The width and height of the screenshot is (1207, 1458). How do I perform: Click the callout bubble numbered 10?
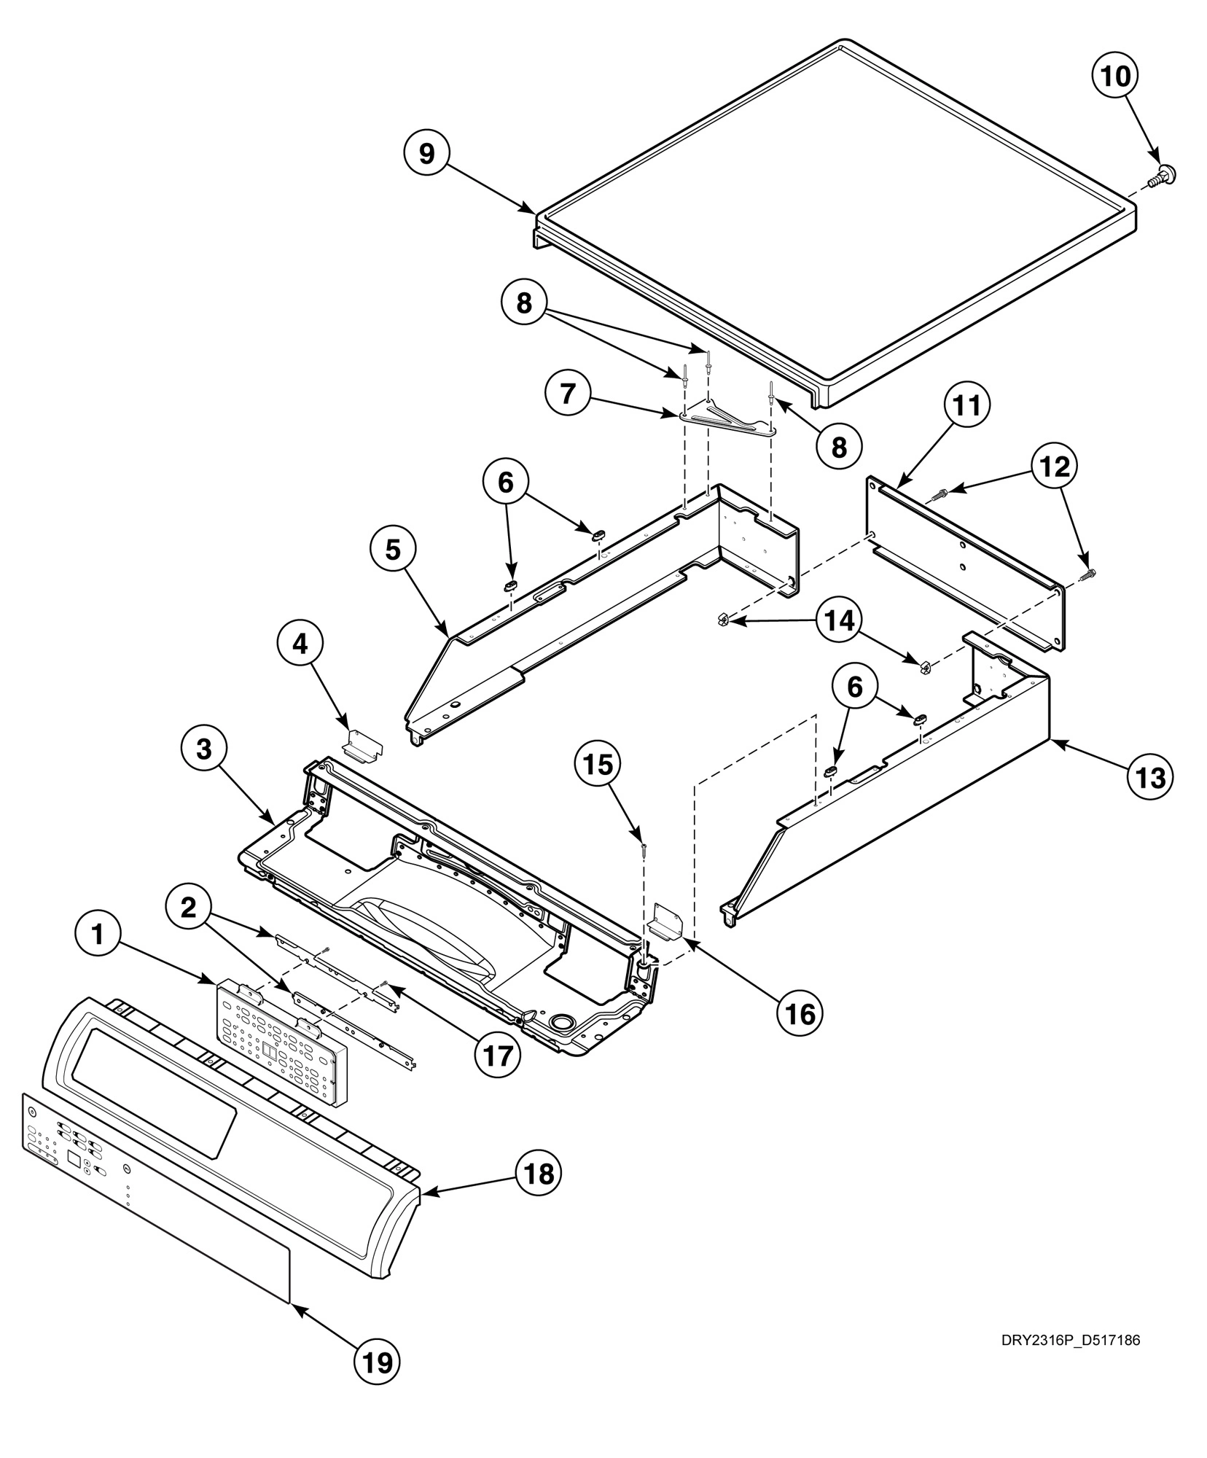(x=1114, y=76)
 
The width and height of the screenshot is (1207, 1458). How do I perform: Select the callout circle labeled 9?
(x=427, y=154)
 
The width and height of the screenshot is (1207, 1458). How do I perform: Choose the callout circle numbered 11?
(x=967, y=406)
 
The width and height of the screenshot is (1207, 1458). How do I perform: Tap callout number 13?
(x=1151, y=779)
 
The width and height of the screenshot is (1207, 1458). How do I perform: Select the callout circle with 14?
(x=837, y=620)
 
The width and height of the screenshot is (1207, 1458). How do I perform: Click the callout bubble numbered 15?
(x=598, y=765)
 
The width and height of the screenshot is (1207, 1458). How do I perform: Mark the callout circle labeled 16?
(x=798, y=1013)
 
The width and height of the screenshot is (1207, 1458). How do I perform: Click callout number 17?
(x=498, y=1055)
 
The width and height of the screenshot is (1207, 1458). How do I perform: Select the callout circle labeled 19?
(x=378, y=1362)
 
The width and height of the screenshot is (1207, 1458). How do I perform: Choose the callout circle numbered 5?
(x=393, y=550)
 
